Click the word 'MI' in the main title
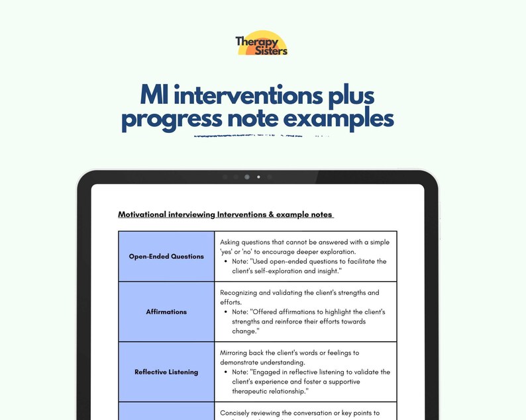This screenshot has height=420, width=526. coord(156,95)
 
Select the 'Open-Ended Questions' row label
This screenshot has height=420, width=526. coord(166,256)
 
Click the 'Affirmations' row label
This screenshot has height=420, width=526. coord(166,312)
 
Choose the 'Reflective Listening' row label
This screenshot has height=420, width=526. coord(166,372)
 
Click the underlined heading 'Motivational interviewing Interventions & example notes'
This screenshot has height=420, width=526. coord(225,214)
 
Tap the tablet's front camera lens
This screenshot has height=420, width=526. coord(247,177)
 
